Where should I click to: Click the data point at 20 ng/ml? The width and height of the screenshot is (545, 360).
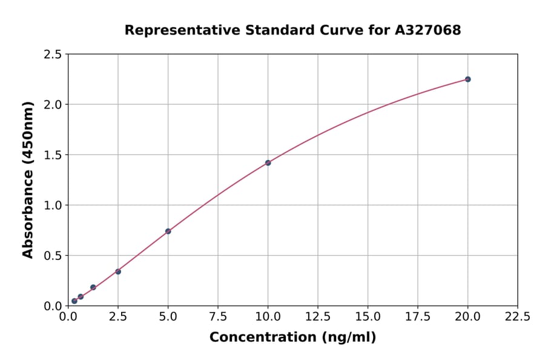pos(467,79)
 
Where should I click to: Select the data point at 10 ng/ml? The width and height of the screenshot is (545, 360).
pos(268,163)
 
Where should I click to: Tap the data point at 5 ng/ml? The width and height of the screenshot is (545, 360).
pos(168,232)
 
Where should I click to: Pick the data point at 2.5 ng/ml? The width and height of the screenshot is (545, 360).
pos(118,272)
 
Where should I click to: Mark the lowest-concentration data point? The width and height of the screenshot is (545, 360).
pos(74,301)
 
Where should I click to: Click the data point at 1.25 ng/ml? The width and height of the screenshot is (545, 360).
pos(93,287)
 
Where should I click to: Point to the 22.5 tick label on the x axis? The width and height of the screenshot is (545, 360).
pos(517,316)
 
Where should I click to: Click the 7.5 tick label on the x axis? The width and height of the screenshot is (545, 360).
pos(218,316)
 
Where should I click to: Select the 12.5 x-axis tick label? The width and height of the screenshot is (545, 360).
pos(317,316)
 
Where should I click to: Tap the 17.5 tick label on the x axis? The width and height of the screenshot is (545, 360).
pos(417,316)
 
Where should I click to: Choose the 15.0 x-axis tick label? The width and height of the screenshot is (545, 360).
pos(368,316)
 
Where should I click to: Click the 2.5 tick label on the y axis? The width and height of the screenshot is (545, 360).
pos(53,55)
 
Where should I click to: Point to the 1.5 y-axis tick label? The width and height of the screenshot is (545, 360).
pos(53,155)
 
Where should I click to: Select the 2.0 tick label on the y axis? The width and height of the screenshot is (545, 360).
pos(53,105)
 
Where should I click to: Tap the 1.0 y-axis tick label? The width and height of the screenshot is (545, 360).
pos(53,205)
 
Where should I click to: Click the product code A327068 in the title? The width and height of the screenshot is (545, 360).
pos(428,30)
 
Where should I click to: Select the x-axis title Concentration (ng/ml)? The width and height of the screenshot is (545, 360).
pos(292,338)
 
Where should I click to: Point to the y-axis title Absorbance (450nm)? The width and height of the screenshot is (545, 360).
pos(28,179)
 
